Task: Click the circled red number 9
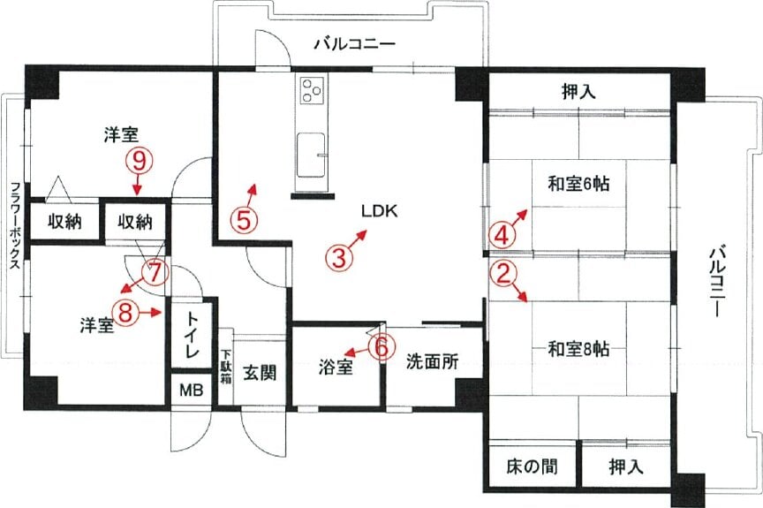[140, 162]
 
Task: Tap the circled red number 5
[244, 219]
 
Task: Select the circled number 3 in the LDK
[339, 257]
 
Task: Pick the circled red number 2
[502, 274]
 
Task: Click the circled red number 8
[125, 311]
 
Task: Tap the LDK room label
[380, 211]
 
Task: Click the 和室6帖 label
[578, 184]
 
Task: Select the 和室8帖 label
[578, 349]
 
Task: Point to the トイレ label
[192, 335]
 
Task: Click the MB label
[192, 390]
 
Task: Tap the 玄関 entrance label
[260, 373]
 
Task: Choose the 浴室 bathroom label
[336, 368]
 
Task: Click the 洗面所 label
[432, 361]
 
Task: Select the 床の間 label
[532, 466]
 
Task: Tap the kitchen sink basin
[311, 155]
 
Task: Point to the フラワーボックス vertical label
[16, 226]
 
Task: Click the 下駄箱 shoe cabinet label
[226, 366]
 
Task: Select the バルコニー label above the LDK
[354, 44]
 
